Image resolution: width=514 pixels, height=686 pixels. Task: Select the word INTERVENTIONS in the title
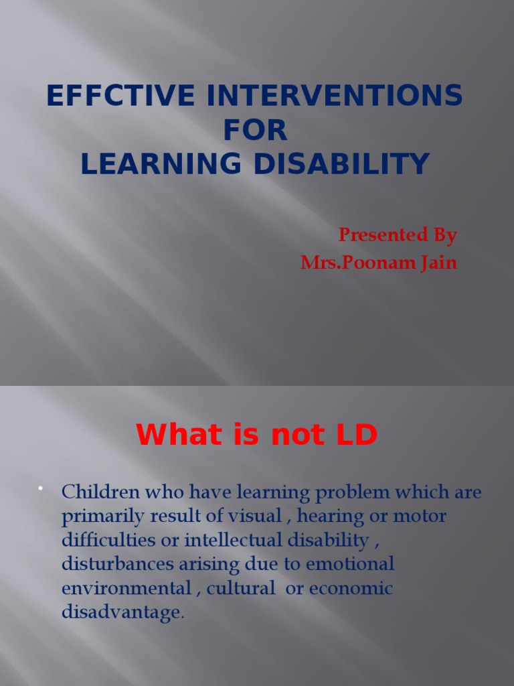coord(335,96)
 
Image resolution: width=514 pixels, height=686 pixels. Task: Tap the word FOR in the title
coord(256,131)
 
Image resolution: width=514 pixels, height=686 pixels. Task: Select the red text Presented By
coord(398,235)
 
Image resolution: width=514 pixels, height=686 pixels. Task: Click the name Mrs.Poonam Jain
coord(379,263)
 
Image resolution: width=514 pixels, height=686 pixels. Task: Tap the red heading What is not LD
coord(257,436)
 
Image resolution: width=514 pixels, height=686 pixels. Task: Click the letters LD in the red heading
coord(357,436)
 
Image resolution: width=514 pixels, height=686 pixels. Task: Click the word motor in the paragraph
coord(421,517)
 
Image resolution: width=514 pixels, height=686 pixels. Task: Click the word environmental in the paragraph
coord(126,588)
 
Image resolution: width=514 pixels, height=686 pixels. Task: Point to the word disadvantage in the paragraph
coord(121,612)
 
